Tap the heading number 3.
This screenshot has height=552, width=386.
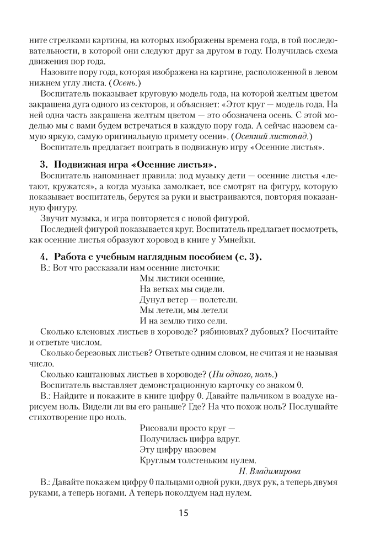click(42, 165)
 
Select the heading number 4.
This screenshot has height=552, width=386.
click(42, 257)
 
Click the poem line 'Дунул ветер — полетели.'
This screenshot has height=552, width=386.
click(189, 299)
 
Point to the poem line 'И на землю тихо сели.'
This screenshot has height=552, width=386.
click(184, 320)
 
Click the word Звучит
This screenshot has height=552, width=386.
click(53, 219)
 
